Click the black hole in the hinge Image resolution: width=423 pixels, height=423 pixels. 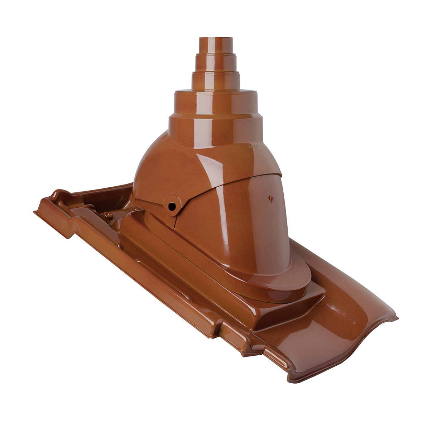pyautogui.click(x=172, y=206)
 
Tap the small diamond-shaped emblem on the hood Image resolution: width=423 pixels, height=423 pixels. pyautogui.click(x=270, y=198)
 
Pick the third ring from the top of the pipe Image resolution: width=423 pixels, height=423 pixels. pyautogui.click(x=216, y=80)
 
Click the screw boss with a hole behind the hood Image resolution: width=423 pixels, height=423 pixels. pyautogui.click(x=107, y=215)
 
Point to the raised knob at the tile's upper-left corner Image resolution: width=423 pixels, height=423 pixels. pyautogui.click(x=57, y=195)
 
